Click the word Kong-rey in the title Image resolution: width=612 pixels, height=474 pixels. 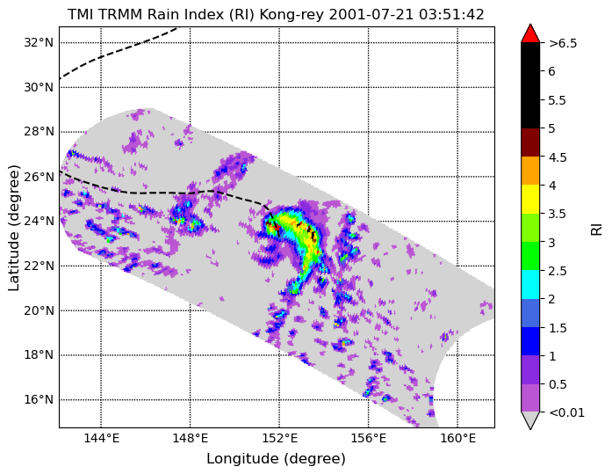tap(292, 15)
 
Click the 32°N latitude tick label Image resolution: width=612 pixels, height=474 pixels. tap(39, 42)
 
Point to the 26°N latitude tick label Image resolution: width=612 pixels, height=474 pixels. tap(39, 177)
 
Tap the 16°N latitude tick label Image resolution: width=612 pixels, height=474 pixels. tap(39, 400)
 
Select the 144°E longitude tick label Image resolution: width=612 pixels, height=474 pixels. tap(101, 439)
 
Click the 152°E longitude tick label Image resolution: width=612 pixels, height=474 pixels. tap(279, 439)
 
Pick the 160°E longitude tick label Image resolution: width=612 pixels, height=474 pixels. tap(457, 439)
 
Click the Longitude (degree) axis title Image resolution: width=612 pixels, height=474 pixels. tap(276, 459)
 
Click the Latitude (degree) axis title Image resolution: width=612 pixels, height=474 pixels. tap(14, 228)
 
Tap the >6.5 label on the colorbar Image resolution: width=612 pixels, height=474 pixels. tap(563, 43)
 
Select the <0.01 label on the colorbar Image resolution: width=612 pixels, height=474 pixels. tap(566, 412)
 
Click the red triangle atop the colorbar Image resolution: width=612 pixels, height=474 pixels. tap(530, 34)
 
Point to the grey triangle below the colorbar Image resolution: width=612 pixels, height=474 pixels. tap(530, 420)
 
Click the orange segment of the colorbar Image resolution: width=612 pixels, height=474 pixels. tap(530, 171)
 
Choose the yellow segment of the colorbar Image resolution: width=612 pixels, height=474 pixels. tap(530, 200)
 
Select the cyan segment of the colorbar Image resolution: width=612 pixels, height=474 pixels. tap(530, 284)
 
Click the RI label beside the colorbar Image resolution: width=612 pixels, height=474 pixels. tap(596, 228)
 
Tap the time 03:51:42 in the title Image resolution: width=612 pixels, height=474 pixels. tap(451, 15)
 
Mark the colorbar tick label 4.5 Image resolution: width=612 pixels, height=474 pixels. tap(557, 157)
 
